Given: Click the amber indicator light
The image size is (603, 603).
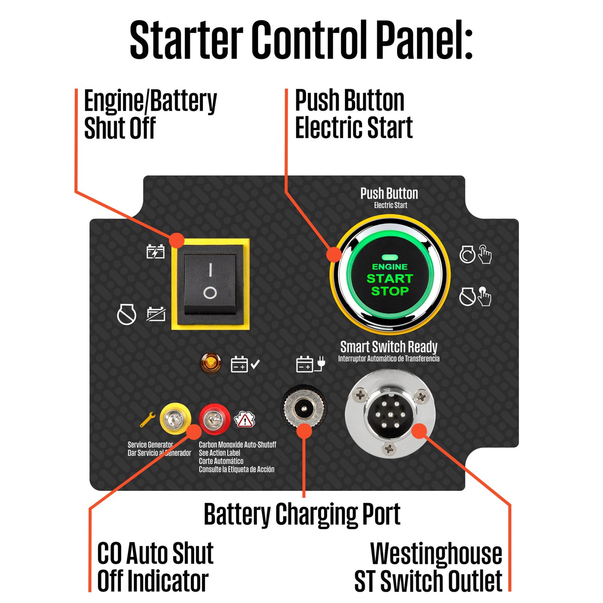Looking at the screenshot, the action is click(211, 363).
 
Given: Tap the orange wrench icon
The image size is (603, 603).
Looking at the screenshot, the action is click(148, 420).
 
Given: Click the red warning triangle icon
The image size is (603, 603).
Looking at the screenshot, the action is click(244, 420).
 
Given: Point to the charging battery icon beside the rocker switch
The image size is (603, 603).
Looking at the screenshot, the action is click(156, 252).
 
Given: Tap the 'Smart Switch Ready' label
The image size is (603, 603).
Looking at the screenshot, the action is click(389, 347).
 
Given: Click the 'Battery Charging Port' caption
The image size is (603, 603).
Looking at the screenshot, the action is click(302, 515).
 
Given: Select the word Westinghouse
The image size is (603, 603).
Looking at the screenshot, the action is click(436, 554).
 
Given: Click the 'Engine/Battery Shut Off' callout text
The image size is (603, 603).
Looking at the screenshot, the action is click(150, 114).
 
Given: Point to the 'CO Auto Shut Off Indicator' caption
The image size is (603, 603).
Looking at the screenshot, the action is click(155, 567).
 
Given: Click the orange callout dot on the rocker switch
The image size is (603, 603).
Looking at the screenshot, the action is click(176, 240).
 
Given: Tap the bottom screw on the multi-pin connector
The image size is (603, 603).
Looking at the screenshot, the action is click(389, 447).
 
